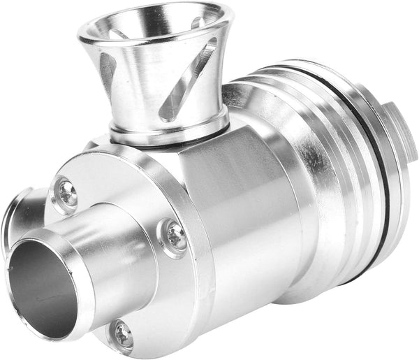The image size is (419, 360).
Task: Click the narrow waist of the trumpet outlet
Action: (x=157, y=105)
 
